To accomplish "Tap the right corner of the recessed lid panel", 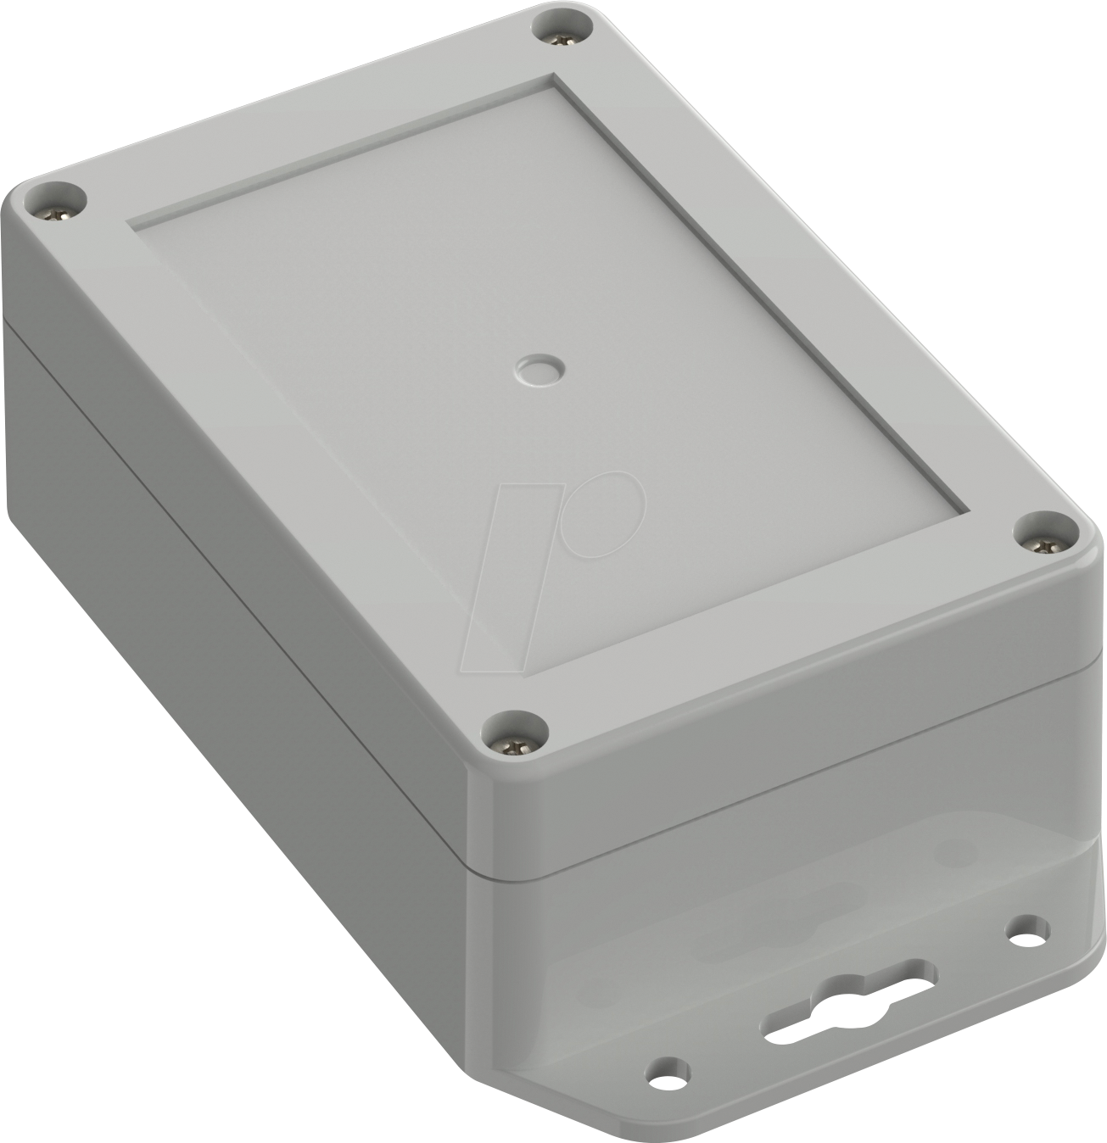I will tap(968, 510).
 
